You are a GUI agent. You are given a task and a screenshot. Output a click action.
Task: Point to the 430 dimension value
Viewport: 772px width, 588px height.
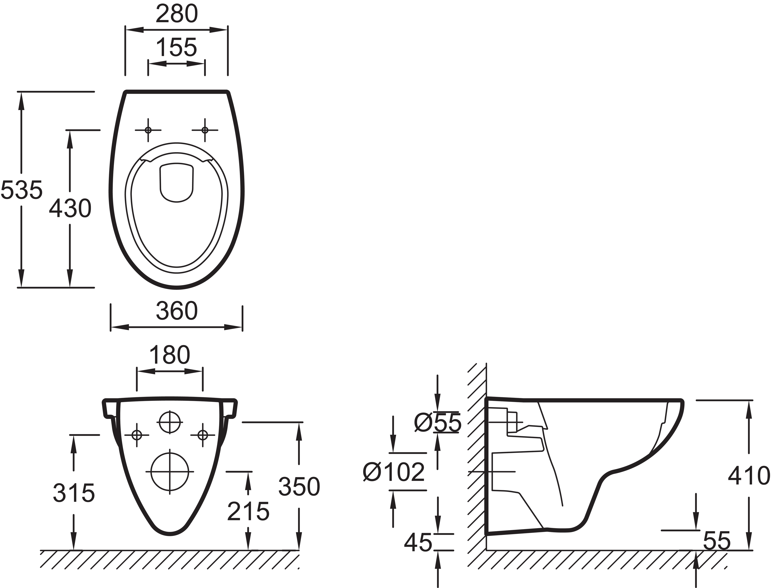coord(70,209)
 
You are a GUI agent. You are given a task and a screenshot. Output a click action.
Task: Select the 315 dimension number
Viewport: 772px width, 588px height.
coord(74,493)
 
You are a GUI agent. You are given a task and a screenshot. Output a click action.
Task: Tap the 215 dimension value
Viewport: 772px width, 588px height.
coord(248,511)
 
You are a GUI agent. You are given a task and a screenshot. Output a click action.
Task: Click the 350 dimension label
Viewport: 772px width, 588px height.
coord(299,487)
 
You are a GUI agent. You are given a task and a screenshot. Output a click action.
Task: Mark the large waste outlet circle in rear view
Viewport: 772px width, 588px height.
coord(170,471)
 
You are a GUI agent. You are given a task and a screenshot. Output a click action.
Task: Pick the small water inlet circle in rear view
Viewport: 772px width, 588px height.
coord(170,422)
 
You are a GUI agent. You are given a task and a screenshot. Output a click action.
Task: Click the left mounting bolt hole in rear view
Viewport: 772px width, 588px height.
coord(136,435)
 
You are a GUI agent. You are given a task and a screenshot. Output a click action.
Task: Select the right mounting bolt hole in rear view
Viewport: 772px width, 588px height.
coord(203,435)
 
